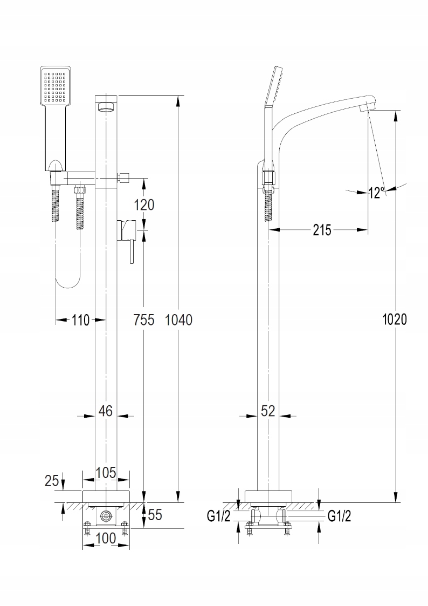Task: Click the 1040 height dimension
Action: [x=178, y=319]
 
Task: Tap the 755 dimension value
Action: [x=144, y=319]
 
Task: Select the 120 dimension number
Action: [x=144, y=205]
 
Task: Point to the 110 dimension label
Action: [x=80, y=320]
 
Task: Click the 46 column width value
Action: [x=106, y=411]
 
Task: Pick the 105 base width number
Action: [x=106, y=473]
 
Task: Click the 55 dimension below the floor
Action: [x=155, y=515]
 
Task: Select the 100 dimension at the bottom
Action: [x=106, y=537]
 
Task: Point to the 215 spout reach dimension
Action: [x=322, y=230]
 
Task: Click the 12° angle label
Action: [x=377, y=192]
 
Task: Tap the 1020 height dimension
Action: [x=395, y=319]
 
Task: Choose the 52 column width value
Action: [x=268, y=411]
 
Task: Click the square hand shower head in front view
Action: [x=56, y=86]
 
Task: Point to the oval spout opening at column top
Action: [x=107, y=108]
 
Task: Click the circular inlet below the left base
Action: [x=106, y=516]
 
